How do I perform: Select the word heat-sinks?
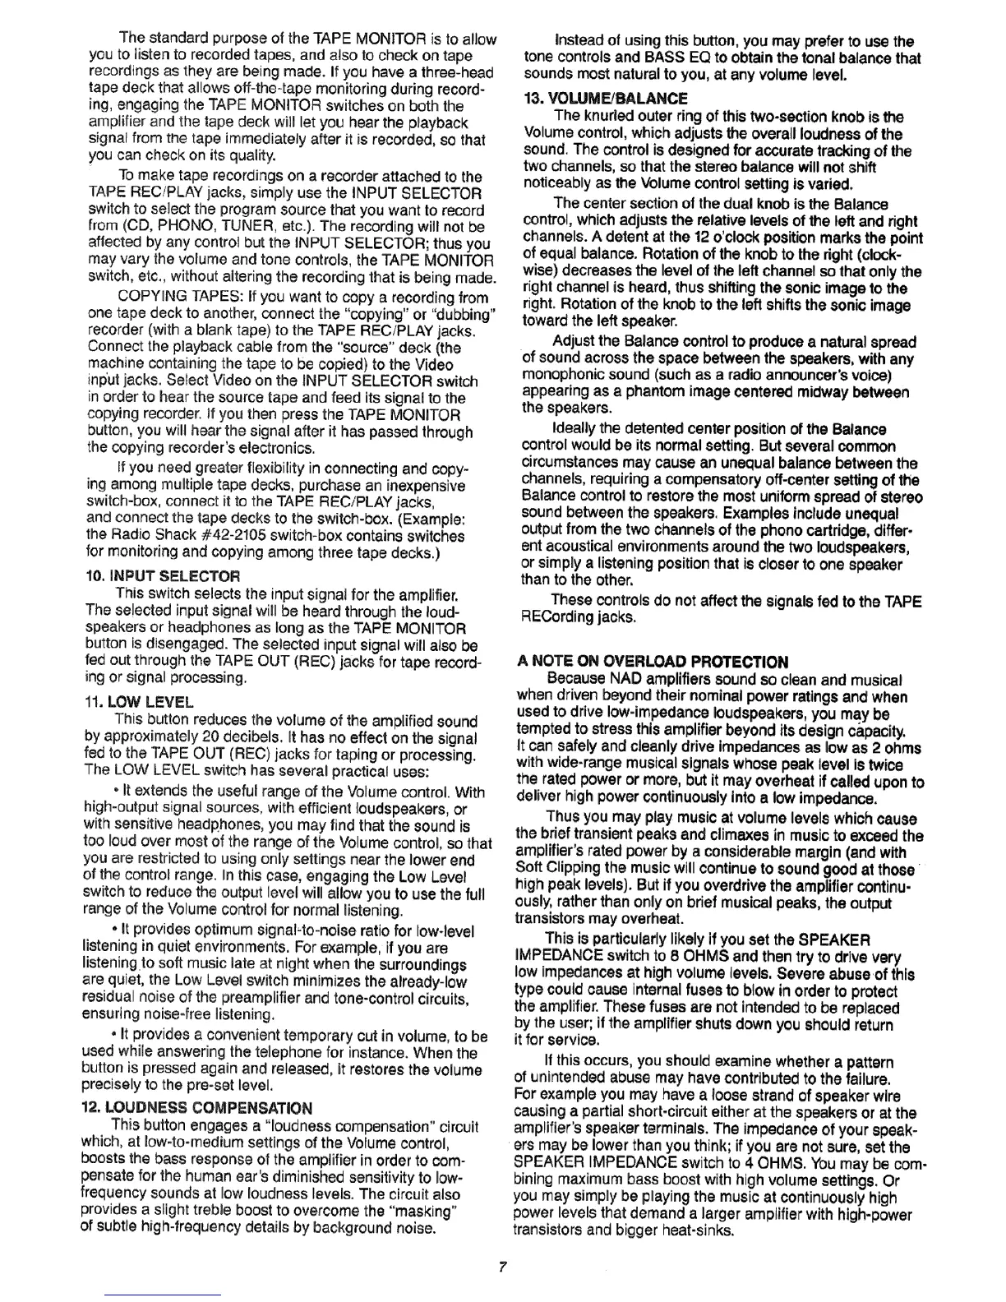[698, 1230]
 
